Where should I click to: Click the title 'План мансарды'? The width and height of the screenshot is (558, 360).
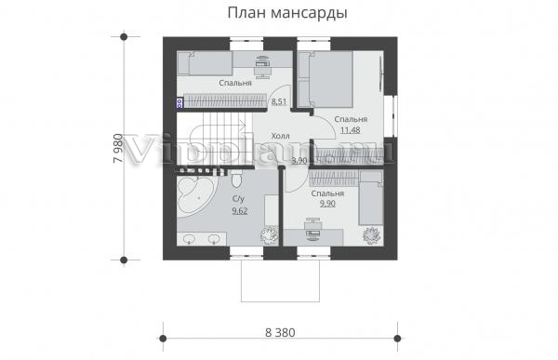[x=287, y=13]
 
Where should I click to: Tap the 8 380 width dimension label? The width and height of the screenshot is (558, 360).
[x=280, y=333]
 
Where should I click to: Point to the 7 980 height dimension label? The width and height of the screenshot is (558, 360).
[x=118, y=148]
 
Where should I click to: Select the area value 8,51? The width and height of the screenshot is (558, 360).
[x=279, y=101]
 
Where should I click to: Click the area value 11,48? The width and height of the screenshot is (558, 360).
[x=351, y=130]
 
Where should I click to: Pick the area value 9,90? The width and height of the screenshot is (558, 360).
[x=327, y=204]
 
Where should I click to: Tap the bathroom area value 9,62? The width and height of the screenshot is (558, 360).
[x=240, y=211]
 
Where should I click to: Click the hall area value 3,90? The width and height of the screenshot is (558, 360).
[x=299, y=161]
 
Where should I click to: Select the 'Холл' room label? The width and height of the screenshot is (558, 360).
[x=281, y=136]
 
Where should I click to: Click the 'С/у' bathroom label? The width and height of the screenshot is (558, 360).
[x=238, y=199]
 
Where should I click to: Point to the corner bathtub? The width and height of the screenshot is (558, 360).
[x=196, y=195]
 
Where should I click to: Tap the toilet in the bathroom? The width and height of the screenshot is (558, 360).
[x=236, y=180]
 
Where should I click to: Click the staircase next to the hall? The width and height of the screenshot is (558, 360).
[x=215, y=139]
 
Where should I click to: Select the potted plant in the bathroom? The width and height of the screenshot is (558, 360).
[x=269, y=234]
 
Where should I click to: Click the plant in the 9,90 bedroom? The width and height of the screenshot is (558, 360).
[x=372, y=235]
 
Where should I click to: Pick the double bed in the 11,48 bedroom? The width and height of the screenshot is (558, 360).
[x=325, y=79]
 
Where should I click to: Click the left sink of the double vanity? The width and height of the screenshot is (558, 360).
[x=190, y=238]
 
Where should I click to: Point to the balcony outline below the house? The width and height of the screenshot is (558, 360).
[x=280, y=281]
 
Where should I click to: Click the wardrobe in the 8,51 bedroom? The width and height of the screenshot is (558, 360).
[x=225, y=100]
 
